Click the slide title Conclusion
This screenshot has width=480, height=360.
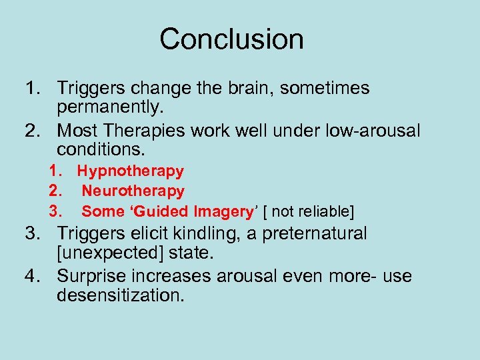coord(231,39)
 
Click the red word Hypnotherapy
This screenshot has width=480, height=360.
coord(130,171)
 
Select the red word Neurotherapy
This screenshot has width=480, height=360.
coord(133,191)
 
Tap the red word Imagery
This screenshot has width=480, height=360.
coord(223,211)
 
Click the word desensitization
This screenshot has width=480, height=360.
coord(120,295)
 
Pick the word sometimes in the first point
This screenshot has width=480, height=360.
coord(322,88)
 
